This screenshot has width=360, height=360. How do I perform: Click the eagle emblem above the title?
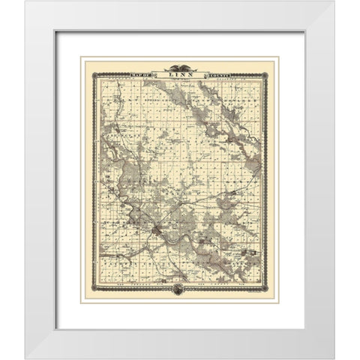pos(180,65)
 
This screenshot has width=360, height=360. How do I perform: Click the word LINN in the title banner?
pos(180,73)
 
